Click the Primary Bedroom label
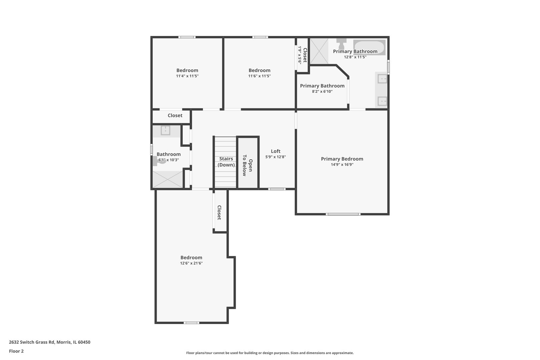click(342, 159)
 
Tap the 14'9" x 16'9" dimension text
click(342, 165)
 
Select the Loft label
click(276, 151)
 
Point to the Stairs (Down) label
click(226, 162)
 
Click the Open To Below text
click(247, 165)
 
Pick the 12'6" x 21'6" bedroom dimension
click(191, 263)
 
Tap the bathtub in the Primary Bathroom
click(369, 47)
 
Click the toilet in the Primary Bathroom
click(341, 43)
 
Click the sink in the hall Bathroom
click(166, 131)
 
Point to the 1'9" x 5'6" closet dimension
click(300, 55)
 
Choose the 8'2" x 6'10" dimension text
click(322, 92)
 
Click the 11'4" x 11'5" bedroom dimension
click(187, 76)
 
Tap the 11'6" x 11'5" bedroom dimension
click(260, 76)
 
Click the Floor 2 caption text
click(16, 351)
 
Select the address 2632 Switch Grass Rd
click(32, 342)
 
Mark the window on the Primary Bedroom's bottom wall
click(343, 214)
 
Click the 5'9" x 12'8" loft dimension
click(276, 157)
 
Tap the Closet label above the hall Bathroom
click(175, 115)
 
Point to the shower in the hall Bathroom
click(168, 179)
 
